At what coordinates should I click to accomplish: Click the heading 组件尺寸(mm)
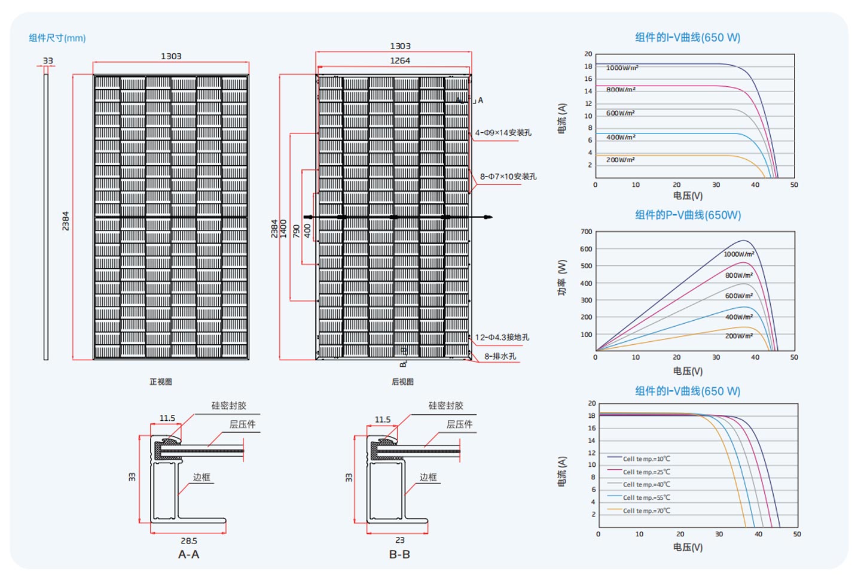click(57, 38)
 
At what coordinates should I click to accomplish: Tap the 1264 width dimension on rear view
click(400, 60)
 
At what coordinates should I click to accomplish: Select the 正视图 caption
click(161, 381)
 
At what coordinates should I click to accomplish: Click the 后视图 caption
click(402, 381)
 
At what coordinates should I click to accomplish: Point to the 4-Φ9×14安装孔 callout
click(503, 132)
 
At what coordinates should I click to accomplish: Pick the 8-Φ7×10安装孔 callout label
click(508, 176)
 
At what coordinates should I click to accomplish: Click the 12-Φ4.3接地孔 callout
click(502, 337)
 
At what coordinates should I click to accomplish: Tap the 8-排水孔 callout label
click(500, 356)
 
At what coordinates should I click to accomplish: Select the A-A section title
click(189, 554)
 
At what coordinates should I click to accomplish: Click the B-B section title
click(400, 554)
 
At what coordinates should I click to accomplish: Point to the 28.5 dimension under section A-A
click(189, 541)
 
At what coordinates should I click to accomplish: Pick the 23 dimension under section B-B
click(400, 540)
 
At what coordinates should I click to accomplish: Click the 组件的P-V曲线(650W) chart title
click(688, 215)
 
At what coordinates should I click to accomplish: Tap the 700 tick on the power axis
click(586, 231)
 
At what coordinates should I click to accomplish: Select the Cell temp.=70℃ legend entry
click(646, 510)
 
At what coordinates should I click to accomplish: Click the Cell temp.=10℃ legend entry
click(646, 458)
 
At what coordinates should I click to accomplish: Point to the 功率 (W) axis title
click(562, 278)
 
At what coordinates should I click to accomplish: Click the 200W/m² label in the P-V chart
click(739, 336)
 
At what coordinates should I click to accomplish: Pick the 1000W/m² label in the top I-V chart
click(622, 68)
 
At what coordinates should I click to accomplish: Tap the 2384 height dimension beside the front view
click(65, 221)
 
